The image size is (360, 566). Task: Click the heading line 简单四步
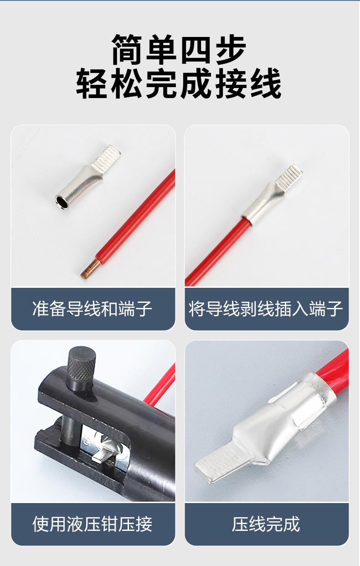click(x=179, y=49)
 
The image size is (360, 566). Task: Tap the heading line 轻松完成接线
click(x=179, y=83)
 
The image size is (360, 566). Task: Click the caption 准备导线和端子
click(x=92, y=308)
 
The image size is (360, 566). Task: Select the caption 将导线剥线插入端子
click(x=266, y=308)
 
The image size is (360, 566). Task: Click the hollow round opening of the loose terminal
click(x=62, y=203)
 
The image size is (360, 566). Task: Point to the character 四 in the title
click(x=196, y=49)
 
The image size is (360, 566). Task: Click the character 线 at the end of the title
click(x=266, y=83)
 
